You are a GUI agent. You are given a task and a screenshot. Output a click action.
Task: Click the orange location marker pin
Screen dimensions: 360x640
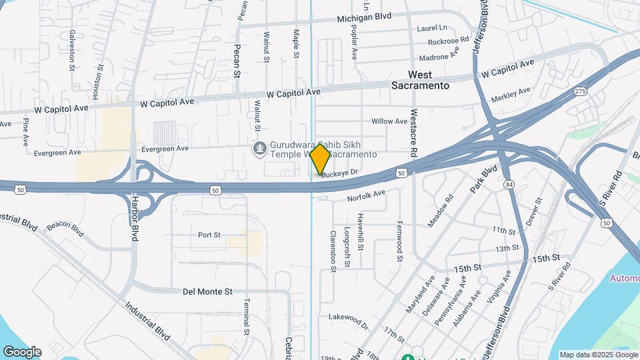(x=320, y=159)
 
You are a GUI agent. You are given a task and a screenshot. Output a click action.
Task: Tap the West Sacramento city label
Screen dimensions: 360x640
(x=420, y=80)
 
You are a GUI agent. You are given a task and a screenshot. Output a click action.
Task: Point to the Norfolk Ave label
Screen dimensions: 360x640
(x=366, y=195)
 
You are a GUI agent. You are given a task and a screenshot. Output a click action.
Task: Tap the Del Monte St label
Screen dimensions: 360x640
(x=207, y=291)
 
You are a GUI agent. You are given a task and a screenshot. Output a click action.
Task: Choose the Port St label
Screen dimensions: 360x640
(x=209, y=235)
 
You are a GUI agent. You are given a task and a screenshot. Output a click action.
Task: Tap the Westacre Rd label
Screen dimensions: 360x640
(x=414, y=133)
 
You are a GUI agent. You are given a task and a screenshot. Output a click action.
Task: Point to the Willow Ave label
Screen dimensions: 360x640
(x=389, y=121)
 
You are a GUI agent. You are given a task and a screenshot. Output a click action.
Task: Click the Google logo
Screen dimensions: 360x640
(x=22, y=351)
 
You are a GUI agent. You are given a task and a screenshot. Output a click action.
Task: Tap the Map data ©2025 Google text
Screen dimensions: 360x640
(x=597, y=355)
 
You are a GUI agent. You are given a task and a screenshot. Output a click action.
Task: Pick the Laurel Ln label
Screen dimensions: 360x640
(x=432, y=28)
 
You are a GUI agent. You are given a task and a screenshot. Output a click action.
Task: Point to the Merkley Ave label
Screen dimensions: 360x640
(x=511, y=94)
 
